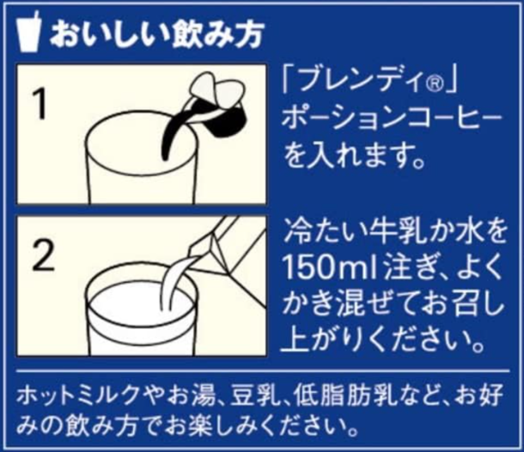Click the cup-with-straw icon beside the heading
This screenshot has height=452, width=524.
coord(29,32)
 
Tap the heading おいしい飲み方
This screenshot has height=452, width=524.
coord(157,34)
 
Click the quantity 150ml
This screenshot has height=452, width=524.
coord(330,267)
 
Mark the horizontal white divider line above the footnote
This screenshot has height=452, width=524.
coord(263,370)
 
